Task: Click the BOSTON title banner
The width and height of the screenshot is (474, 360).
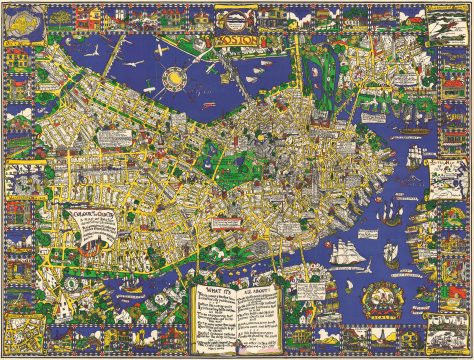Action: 236,43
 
